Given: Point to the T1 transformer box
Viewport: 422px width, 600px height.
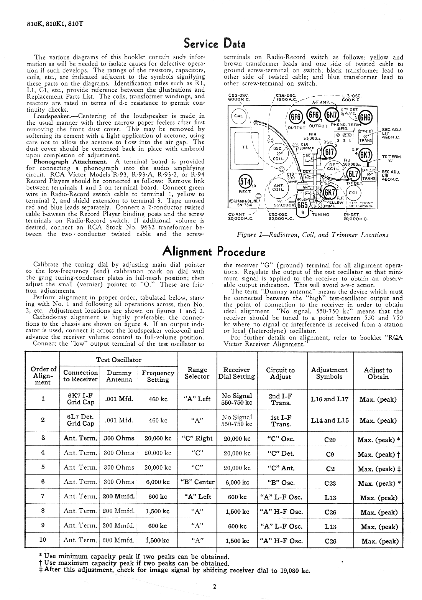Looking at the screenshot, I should click(x=246, y=147).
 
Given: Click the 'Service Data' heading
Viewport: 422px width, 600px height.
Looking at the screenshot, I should click(x=214, y=42).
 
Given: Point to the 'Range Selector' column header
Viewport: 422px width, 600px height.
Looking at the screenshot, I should click(x=198, y=373).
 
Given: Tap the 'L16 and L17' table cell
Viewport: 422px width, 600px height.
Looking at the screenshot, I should click(x=330, y=399).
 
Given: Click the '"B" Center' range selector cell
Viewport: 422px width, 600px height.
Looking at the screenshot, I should click(x=197, y=482).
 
